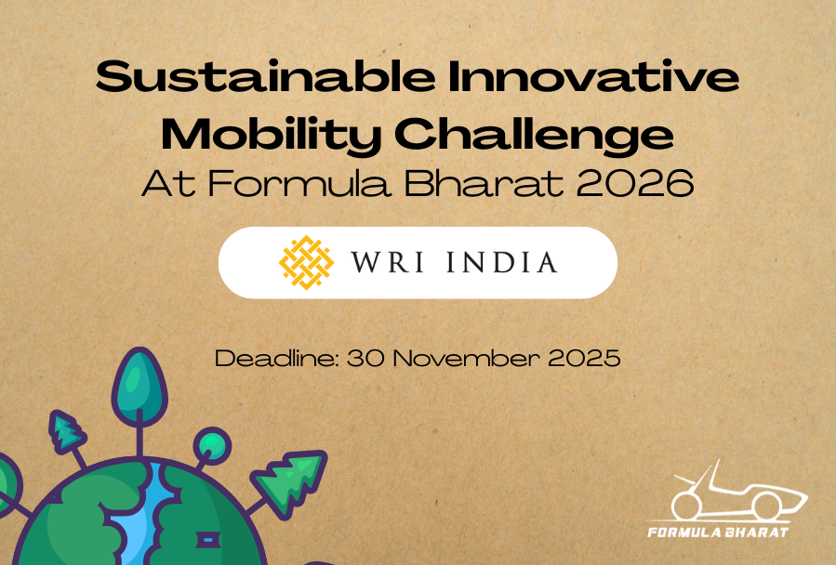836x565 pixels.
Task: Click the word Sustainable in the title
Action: point(266,76)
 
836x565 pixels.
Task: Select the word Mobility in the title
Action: point(272,136)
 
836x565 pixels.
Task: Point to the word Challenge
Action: point(534,136)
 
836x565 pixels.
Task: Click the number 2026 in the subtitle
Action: point(635,183)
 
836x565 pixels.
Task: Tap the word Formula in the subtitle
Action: point(299,183)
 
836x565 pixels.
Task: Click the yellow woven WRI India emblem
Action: point(307,262)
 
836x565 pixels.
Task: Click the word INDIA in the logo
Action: point(502,262)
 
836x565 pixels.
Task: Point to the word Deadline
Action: point(277,358)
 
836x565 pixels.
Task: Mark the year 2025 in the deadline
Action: point(584,358)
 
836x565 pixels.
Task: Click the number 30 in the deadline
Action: point(365,358)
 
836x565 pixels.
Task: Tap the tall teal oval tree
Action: point(139,388)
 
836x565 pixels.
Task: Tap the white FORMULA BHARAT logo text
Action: point(718,532)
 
